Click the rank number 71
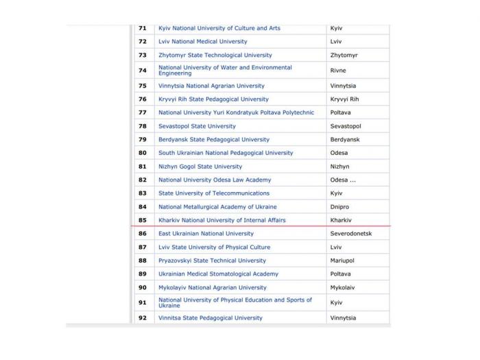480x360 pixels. tap(143, 28)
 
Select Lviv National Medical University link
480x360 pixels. tap(202, 42)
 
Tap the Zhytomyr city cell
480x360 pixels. tap(344, 55)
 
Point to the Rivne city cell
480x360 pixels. tap(339, 70)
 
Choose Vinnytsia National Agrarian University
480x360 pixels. tap(211, 86)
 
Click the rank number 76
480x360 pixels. tap(143, 99)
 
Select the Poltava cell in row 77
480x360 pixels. tap(341, 112)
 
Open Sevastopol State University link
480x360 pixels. tap(197, 126)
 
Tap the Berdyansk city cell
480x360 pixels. tap(345, 139)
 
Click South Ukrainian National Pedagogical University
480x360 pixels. tap(226, 153)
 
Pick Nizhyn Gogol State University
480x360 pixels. tap(200, 167)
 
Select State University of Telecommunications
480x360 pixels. tap(213, 193)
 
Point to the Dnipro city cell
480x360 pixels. tap(340, 206)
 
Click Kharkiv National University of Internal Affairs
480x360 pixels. tap(221, 220)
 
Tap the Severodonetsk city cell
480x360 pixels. tap(350, 234)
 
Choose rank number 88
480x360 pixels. tap(143, 261)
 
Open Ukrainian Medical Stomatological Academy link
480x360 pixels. tap(218, 274)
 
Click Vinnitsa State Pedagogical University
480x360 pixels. tap(210, 318)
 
